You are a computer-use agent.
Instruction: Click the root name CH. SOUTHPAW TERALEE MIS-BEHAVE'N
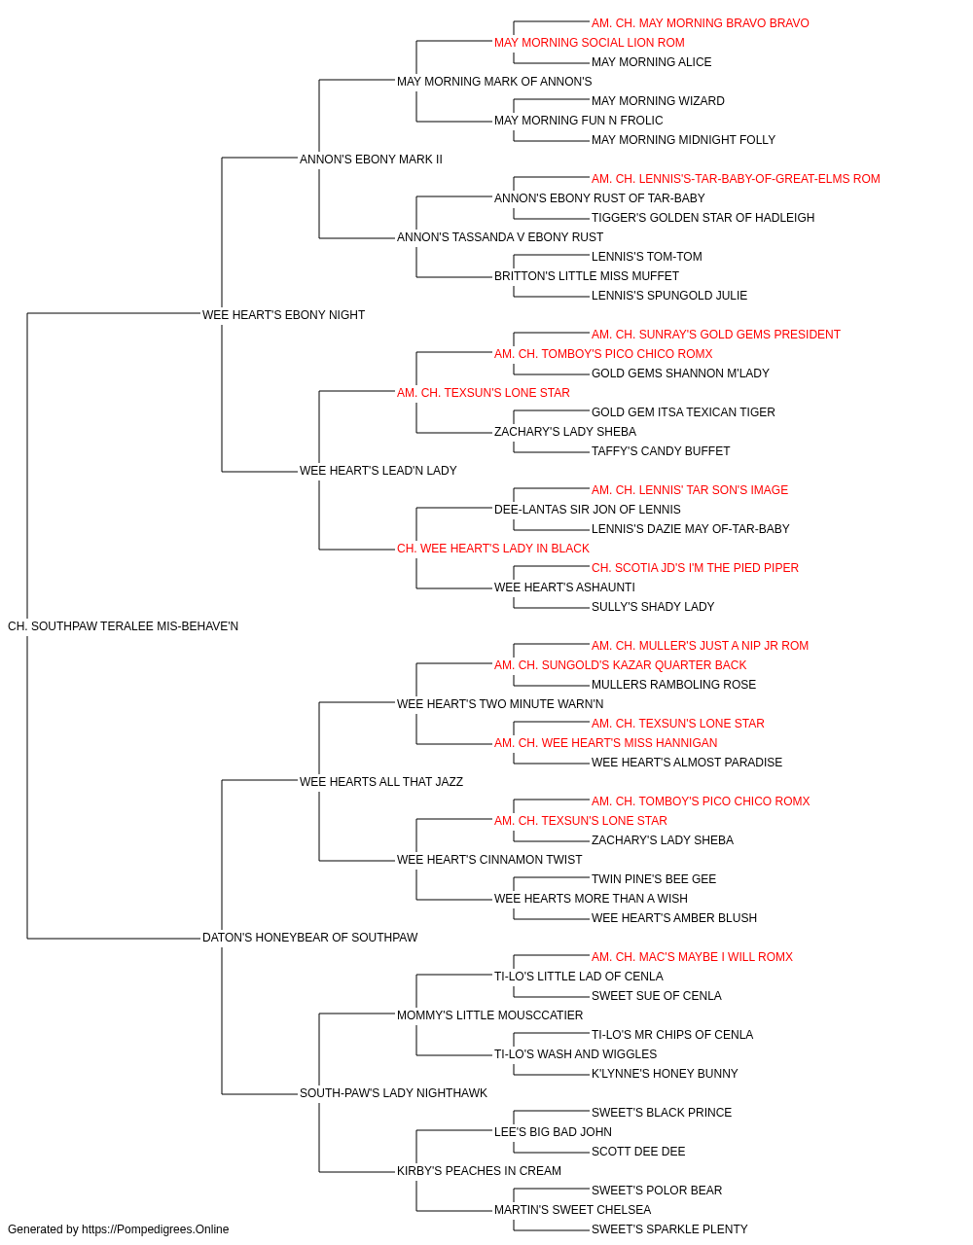point(123,626)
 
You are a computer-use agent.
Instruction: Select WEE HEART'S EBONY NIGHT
point(283,315)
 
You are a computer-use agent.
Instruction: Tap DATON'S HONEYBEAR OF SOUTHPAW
point(309,938)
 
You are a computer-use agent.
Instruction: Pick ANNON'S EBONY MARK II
point(371,160)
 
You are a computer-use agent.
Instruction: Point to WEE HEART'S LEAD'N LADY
point(378,471)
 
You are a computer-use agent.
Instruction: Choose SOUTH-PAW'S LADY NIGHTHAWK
point(393,1093)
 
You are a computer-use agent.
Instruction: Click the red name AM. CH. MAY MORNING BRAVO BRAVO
point(700,23)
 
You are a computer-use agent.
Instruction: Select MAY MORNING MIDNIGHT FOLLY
point(683,140)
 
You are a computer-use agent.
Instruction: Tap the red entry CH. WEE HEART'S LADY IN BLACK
point(492,549)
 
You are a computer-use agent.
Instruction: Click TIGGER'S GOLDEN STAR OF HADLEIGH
point(703,218)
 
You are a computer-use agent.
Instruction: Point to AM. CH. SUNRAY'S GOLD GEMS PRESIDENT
point(716,335)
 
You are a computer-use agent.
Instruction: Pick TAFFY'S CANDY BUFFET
point(660,451)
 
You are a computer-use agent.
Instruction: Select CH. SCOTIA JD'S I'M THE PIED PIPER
point(695,568)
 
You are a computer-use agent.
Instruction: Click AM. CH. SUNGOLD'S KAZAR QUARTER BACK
point(620,665)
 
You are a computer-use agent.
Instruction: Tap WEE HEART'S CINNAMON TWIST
point(488,860)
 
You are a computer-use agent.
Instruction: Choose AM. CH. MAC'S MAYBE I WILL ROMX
point(692,957)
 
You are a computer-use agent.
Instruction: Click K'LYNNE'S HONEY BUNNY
point(665,1074)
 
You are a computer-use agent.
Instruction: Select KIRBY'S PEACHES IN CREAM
point(479,1171)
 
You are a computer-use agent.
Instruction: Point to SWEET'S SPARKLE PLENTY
point(669,1229)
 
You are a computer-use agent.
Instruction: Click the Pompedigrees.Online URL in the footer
point(155,1229)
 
